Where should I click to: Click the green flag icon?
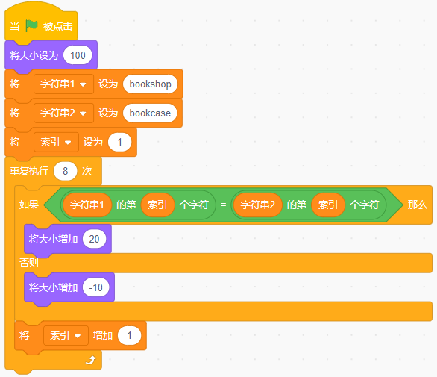31,25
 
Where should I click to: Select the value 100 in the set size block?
78,55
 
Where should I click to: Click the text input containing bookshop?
150,84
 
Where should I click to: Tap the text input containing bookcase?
150,113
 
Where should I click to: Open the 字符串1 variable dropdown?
63,84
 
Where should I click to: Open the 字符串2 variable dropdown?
63,113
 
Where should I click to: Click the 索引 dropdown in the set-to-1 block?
56,143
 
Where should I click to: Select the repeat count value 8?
65,171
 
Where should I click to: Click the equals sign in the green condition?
223,205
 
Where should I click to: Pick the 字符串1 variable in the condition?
87,205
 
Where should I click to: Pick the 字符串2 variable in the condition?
257,205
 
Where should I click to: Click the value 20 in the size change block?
94,239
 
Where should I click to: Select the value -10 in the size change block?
96,287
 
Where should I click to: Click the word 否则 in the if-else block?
28,263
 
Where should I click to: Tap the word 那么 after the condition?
417,205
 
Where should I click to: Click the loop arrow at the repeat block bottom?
91,361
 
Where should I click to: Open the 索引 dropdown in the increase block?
66,335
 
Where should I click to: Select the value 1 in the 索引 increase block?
129,335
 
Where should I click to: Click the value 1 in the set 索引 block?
120,143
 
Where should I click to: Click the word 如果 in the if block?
28,205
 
